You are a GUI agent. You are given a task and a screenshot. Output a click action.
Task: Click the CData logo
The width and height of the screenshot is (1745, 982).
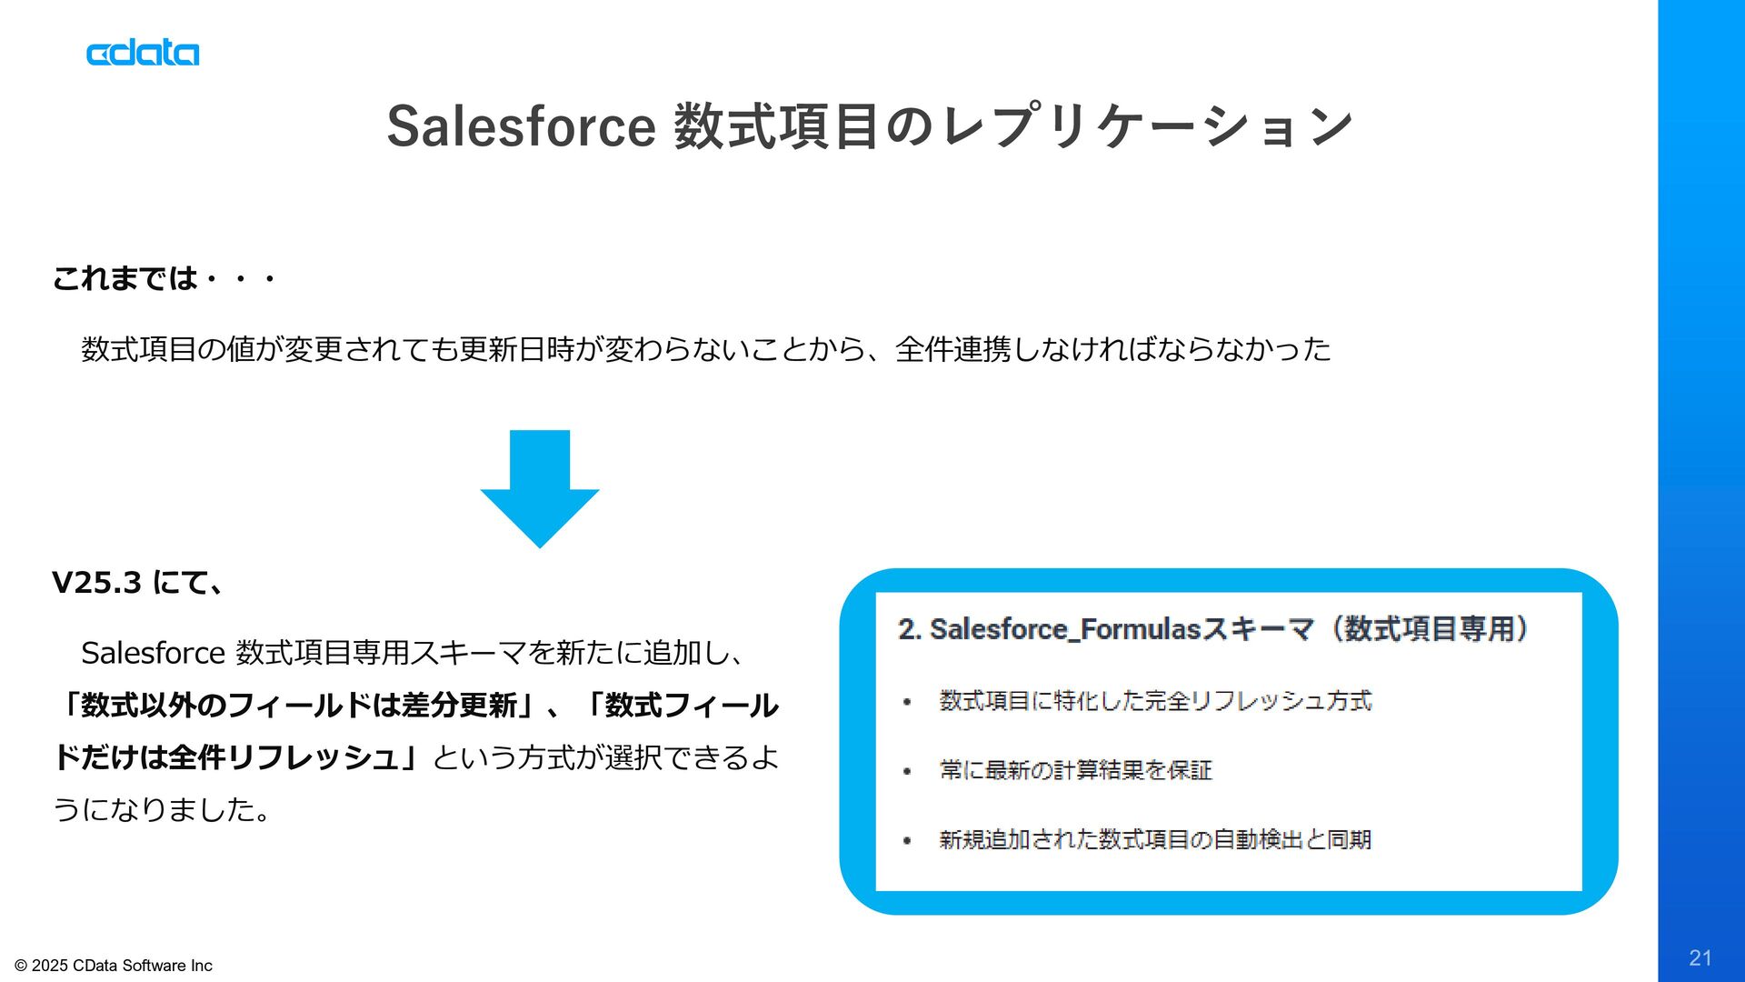tap(143, 53)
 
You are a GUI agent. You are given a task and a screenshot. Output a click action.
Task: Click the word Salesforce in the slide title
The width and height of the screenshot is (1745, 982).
tap(521, 125)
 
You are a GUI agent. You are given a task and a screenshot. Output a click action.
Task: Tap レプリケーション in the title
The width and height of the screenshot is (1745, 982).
tap(1147, 125)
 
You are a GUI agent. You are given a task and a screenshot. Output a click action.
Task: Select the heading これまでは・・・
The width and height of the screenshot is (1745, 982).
tap(164, 278)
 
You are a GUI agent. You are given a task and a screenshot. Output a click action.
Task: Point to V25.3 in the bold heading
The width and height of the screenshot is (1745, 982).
tap(96, 583)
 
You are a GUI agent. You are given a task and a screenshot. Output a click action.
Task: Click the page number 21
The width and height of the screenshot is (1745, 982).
tap(1700, 957)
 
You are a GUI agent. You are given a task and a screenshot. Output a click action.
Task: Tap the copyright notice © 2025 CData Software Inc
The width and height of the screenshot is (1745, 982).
tap(114, 966)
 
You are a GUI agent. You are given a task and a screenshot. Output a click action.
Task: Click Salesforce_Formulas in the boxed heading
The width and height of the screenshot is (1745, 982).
tap(1065, 629)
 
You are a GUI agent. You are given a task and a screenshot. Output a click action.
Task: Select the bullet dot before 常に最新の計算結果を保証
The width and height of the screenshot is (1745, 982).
tap(907, 771)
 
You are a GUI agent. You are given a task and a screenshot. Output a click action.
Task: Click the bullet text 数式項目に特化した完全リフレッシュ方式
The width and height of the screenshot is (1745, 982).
tap(1155, 701)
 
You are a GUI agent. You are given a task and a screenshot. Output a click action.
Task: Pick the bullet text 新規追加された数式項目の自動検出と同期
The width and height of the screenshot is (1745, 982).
tap(1155, 839)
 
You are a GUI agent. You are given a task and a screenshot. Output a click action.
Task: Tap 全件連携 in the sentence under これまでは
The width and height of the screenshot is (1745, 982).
tap(952, 349)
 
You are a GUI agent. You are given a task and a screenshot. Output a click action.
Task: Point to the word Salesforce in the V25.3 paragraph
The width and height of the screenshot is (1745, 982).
tap(153, 653)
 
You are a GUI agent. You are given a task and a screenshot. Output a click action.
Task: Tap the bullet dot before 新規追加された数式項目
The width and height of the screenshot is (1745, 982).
tap(907, 841)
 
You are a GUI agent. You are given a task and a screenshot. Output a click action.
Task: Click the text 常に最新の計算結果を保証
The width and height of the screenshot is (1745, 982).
tap(1076, 770)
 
